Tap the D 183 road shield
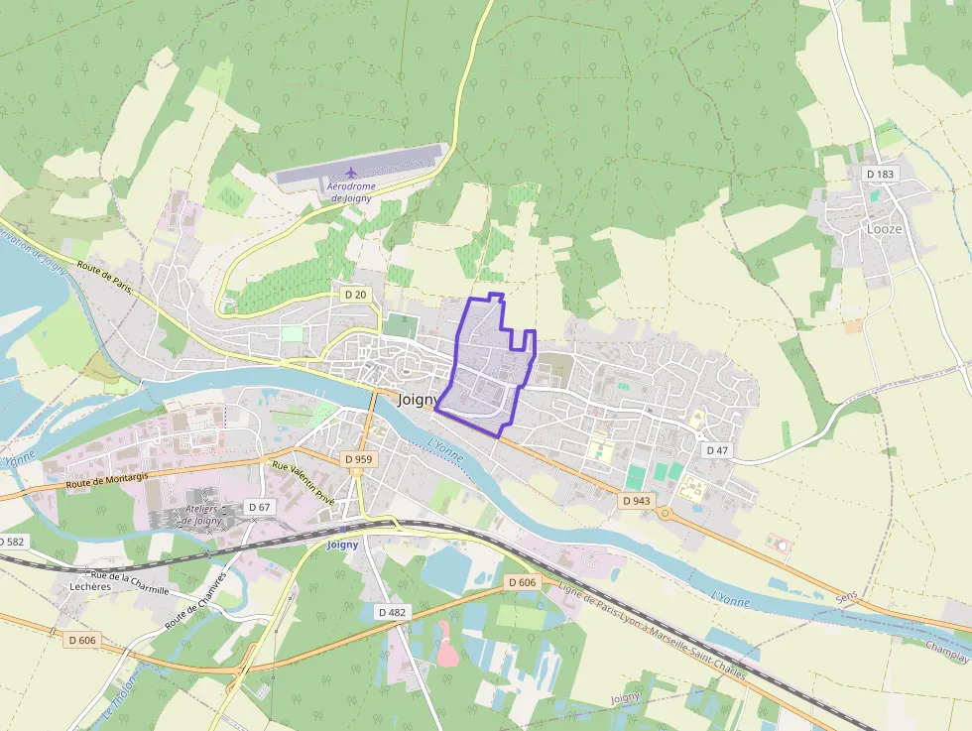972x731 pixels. tap(880, 174)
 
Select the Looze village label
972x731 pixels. tap(885, 228)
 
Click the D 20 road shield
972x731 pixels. tap(355, 295)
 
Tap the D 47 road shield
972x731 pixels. tap(717, 450)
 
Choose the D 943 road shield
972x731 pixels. tap(637, 501)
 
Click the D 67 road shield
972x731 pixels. tap(260, 507)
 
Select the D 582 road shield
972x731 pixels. tap(11, 542)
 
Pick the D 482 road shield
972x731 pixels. tap(393, 612)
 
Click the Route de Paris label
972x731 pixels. tap(104, 272)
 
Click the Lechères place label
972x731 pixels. tap(90, 586)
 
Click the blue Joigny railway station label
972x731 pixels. tap(342, 545)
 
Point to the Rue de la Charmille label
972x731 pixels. tap(129, 582)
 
